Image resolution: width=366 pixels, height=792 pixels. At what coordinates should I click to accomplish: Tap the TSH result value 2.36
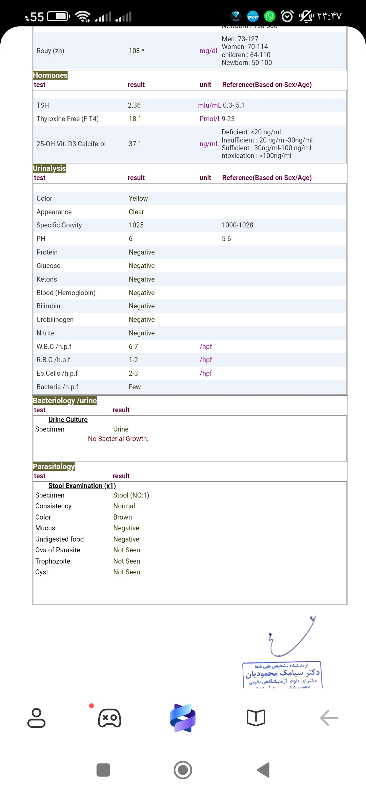pos(134,105)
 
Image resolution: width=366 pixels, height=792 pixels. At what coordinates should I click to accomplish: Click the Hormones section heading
pos(50,75)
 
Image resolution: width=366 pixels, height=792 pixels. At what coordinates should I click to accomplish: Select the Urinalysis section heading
pos(49,168)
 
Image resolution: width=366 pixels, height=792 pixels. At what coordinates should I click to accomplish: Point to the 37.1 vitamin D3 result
pos(135,144)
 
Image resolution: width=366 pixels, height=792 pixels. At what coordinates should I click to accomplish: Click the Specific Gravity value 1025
pos(136,225)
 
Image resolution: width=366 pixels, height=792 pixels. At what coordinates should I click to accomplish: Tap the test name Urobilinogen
pos(55,320)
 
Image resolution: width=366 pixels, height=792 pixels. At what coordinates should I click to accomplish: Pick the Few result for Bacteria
pos(135,387)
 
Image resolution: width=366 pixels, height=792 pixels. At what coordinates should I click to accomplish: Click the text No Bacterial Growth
pos(118,439)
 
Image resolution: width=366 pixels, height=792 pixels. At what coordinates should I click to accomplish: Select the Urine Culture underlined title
pos(68,420)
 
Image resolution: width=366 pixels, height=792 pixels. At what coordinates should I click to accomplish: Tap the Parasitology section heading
pos(54,466)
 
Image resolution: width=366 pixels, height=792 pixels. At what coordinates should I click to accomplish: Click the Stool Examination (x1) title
pos(82,486)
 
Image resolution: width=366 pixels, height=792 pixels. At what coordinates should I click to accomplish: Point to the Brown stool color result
pos(123,517)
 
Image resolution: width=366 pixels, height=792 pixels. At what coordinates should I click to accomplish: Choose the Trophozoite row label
pos(53,561)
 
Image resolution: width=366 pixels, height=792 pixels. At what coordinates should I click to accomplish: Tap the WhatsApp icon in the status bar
pos(270,16)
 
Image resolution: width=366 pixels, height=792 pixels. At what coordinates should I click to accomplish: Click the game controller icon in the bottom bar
pos(109,718)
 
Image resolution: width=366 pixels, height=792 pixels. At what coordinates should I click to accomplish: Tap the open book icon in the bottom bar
pos(256,718)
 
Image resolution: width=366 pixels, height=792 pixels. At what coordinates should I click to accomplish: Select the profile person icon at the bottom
pos(36,718)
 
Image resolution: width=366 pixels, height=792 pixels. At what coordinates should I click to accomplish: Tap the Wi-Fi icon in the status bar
pos(83,16)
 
